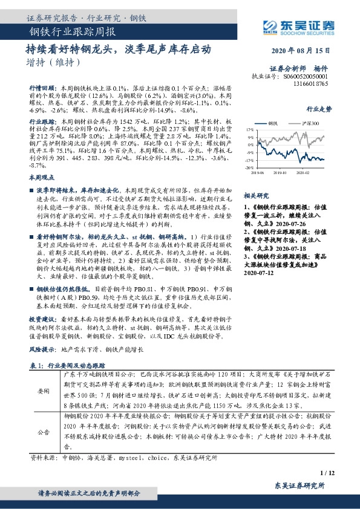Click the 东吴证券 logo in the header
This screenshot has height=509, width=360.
298,25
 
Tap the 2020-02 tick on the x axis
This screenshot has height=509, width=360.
303,172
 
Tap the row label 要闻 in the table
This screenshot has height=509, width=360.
44,391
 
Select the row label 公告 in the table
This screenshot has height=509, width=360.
44,433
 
